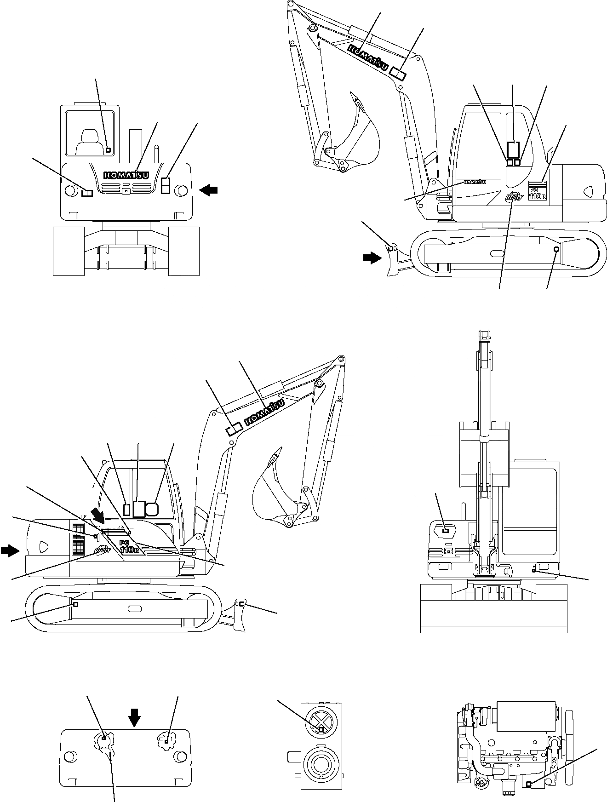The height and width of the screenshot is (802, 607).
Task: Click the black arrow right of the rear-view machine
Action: pyautogui.click(x=209, y=189)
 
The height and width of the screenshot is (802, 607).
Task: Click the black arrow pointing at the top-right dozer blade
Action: pyautogui.click(x=372, y=258)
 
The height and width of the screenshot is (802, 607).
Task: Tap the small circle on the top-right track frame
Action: pyautogui.click(x=556, y=249)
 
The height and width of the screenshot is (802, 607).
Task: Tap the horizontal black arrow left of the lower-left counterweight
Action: pyautogui.click(x=11, y=550)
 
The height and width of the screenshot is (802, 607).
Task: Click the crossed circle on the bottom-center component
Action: pyautogui.click(x=321, y=728)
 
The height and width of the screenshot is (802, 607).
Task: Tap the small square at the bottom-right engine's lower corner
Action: pyautogui.click(x=529, y=784)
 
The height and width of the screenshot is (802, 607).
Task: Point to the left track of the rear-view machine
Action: pyautogui.click(x=69, y=251)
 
